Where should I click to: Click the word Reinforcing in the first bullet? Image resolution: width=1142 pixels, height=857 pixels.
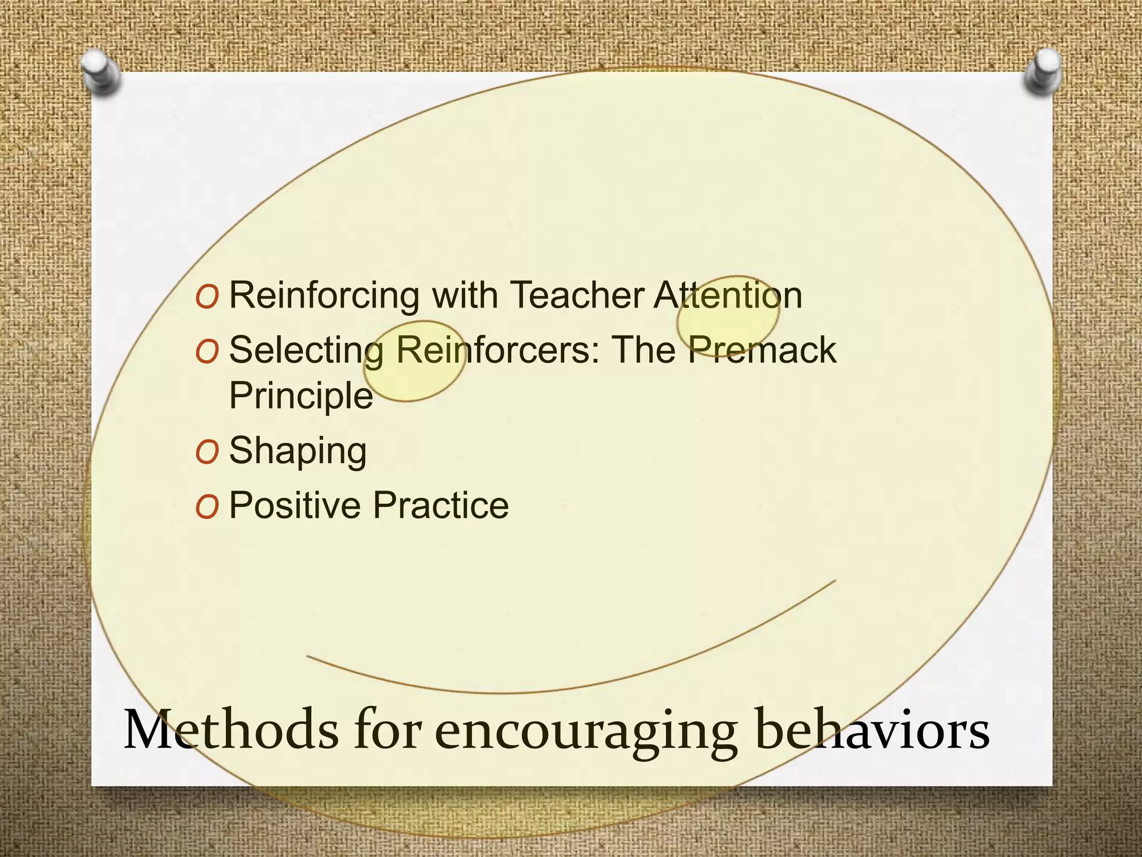[324, 296]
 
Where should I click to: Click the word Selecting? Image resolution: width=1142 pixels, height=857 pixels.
[306, 352]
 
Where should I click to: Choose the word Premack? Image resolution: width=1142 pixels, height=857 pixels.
[761, 350]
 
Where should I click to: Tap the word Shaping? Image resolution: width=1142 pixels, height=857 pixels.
[298, 451]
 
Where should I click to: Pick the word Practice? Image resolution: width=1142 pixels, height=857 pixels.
[441, 505]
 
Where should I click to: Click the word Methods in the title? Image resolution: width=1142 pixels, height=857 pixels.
[230, 730]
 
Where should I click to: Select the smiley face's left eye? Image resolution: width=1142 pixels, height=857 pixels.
[414, 361]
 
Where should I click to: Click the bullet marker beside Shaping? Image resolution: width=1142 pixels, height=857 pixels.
[206, 452]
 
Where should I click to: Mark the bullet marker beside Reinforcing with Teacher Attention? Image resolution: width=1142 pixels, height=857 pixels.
[206, 297]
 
